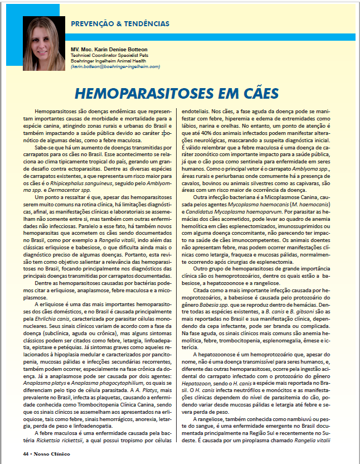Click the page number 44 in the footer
(26, 453)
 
